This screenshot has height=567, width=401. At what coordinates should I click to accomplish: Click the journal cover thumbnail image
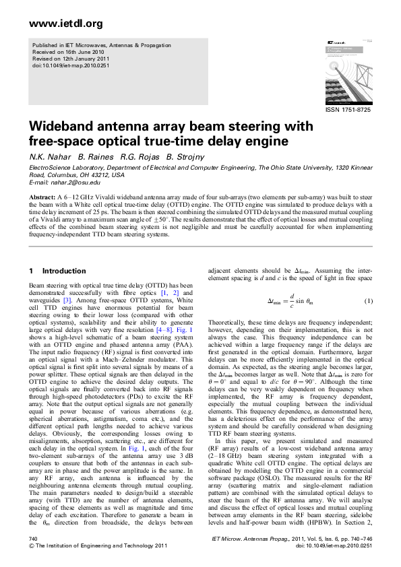coord(346,71)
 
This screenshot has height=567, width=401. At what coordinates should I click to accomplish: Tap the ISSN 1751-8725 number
coord(348,110)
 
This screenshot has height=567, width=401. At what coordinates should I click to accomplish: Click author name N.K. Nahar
coord(49,158)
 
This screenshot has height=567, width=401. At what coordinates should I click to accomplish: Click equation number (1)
coord(368,281)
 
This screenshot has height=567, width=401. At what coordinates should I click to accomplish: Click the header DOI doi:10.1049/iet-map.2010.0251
coord(71,66)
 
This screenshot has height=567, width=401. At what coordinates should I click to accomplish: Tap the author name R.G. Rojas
coord(132,158)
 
